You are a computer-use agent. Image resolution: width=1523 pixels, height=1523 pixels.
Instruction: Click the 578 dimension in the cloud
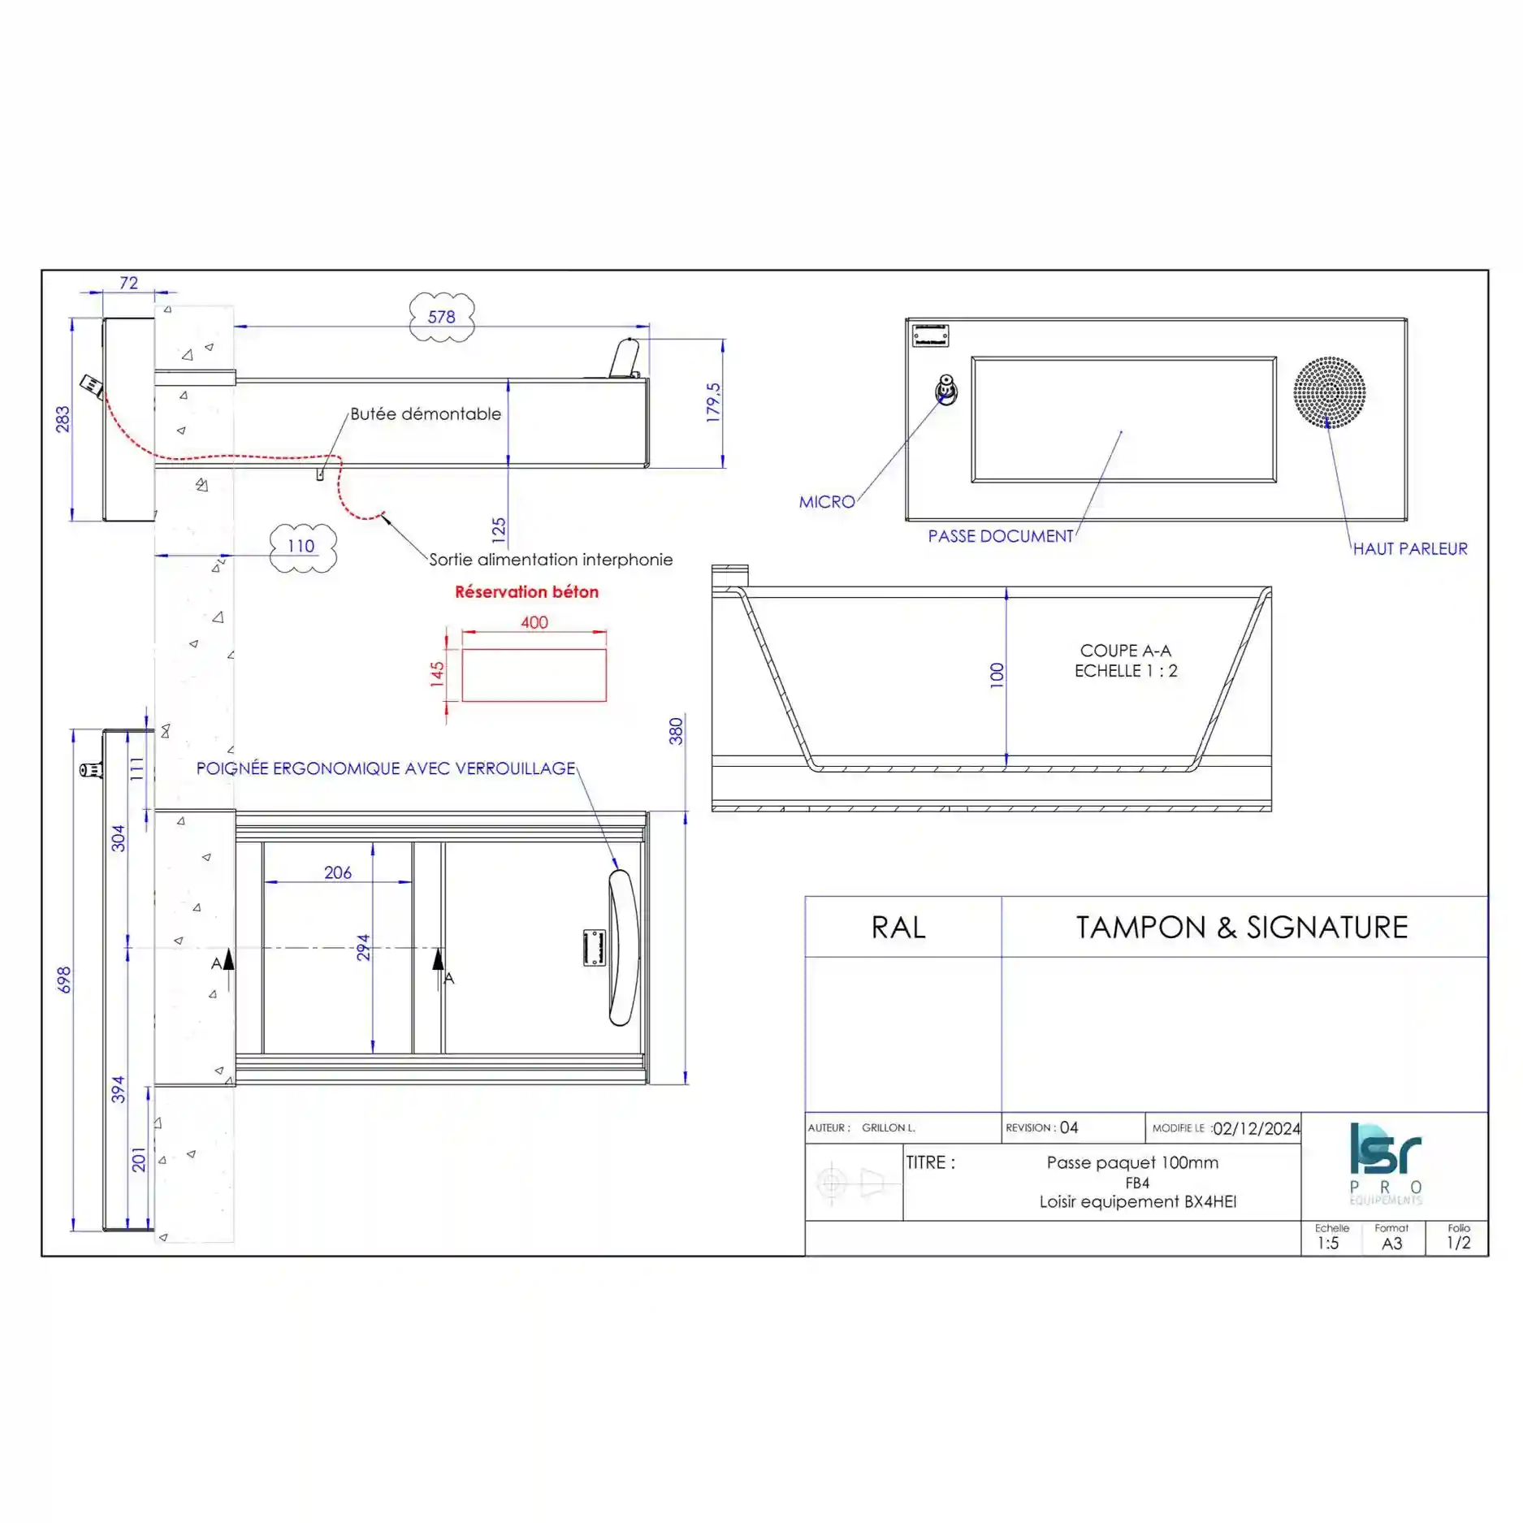pos(441,317)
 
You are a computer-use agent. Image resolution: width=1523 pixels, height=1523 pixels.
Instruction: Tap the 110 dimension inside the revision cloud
pos(301,547)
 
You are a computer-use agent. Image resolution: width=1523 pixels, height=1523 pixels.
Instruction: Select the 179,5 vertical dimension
pos(713,402)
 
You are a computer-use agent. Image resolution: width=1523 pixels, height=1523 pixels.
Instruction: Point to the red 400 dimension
pos(534,623)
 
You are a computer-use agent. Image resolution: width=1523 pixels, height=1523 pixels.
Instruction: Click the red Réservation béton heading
pos(526,592)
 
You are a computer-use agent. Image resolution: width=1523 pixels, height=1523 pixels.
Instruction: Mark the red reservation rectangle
pos(534,675)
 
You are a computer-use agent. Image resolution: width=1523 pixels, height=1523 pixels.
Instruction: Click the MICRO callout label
pos(826,502)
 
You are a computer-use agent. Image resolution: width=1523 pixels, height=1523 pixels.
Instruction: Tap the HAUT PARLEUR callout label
pos(1409,549)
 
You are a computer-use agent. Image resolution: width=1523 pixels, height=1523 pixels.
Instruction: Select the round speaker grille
pos(1329,392)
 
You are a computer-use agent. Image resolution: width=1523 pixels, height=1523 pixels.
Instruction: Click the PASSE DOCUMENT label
pos(1000,536)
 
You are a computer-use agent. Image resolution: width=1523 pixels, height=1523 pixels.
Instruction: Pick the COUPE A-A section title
pos(1125,651)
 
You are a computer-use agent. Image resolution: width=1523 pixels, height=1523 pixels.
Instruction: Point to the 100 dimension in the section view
pos(997,675)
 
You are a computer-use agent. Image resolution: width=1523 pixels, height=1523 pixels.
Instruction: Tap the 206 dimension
pos(338,873)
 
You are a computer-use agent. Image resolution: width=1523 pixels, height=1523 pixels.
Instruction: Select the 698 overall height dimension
pos(64,980)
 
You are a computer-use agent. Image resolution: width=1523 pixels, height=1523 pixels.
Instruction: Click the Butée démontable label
pos(426,414)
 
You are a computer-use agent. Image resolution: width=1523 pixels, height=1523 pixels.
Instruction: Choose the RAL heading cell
pos(898,928)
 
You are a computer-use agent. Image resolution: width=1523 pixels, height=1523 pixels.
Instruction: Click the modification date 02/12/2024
pos(1256,1128)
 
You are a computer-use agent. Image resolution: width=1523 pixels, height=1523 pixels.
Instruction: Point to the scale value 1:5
pos(1328,1244)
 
